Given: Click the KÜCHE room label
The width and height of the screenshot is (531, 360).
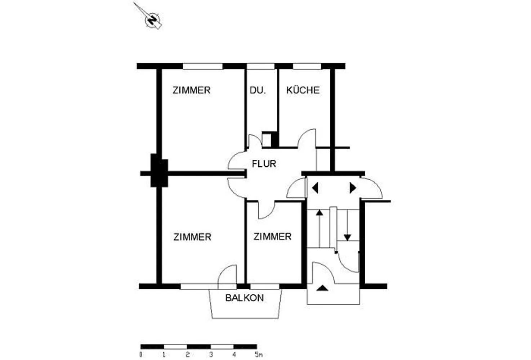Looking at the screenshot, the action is click(x=303, y=90).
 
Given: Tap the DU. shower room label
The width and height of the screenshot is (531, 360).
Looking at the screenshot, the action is click(x=258, y=90).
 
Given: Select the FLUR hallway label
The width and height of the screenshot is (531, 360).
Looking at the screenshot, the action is click(x=264, y=164).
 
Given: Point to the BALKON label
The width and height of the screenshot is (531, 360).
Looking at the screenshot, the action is click(x=244, y=298).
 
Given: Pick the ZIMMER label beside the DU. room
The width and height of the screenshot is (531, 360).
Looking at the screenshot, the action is click(x=191, y=90).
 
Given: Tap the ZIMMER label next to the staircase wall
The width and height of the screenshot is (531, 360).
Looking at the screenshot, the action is click(x=272, y=237).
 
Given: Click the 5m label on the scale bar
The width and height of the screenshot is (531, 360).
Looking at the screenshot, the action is click(x=259, y=355).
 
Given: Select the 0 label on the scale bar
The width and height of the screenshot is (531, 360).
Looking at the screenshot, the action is click(x=141, y=355).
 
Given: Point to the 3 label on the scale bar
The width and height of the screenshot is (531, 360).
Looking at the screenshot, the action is click(x=211, y=355).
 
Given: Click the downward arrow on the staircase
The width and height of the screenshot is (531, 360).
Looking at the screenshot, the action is click(x=347, y=225).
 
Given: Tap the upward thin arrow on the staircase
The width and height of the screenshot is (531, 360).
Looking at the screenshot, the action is click(x=320, y=229).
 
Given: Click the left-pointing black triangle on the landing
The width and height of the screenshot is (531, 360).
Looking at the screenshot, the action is click(x=315, y=188).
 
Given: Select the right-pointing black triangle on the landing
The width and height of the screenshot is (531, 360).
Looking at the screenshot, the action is click(x=353, y=188).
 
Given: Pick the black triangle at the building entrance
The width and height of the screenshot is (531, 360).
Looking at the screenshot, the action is click(x=322, y=288).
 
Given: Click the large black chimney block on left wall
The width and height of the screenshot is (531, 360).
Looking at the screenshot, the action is click(x=159, y=170).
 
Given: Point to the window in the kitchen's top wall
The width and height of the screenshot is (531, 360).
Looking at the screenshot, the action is click(x=307, y=66).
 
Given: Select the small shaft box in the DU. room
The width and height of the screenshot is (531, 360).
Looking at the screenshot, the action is click(x=267, y=140).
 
